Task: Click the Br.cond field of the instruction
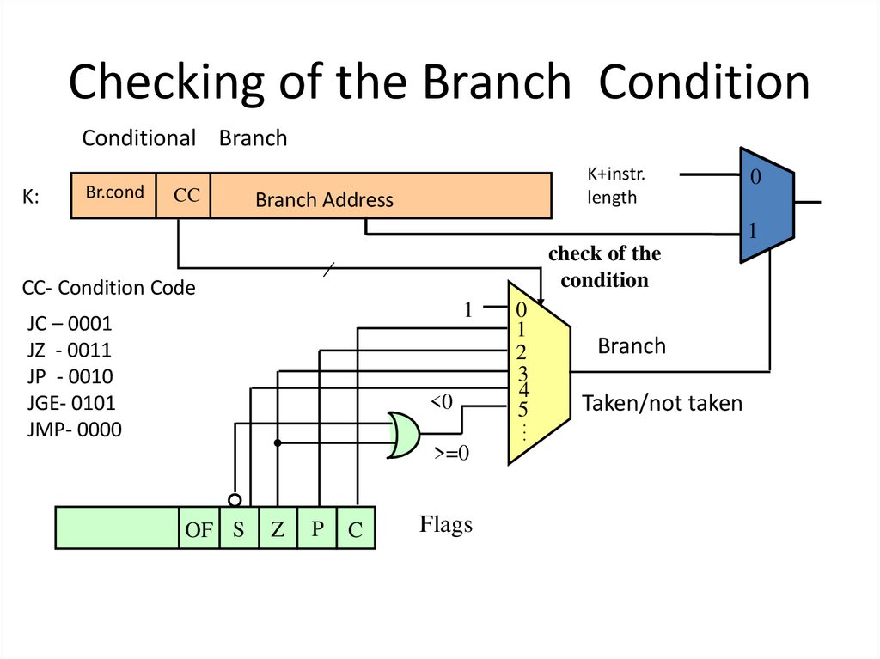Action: [x=113, y=194]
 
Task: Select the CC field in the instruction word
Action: [x=184, y=196]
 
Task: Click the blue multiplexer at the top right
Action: [x=766, y=205]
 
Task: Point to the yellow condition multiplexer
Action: [x=538, y=371]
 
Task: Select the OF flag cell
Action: [x=199, y=529]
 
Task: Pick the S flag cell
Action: [x=239, y=529]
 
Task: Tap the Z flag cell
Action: [x=277, y=529]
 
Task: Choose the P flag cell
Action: [x=317, y=529]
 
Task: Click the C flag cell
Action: [x=356, y=529]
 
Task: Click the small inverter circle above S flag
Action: [x=235, y=500]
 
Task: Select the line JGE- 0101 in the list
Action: [x=70, y=402]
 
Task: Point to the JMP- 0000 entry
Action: [x=74, y=428]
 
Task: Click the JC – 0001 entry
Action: [x=70, y=325]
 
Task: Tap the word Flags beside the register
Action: [x=445, y=524]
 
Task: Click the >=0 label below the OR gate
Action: [x=452, y=455]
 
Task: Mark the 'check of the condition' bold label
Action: [x=604, y=266]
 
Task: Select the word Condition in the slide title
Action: [x=704, y=83]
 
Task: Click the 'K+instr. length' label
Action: [x=615, y=186]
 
